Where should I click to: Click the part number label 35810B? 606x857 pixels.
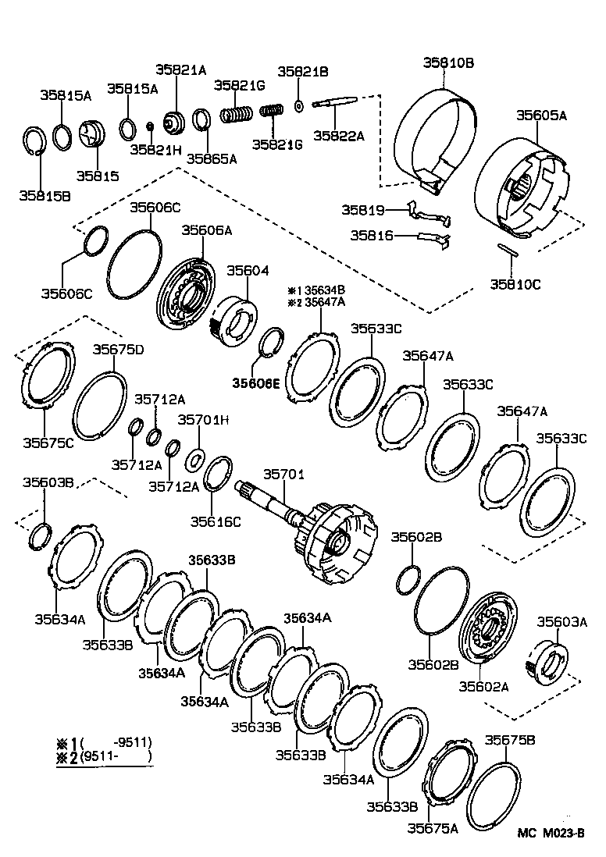click(449, 62)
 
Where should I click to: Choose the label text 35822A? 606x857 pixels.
click(339, 135)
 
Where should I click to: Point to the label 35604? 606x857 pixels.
click(248, 271)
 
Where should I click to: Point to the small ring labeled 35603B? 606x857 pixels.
click(41, 537)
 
